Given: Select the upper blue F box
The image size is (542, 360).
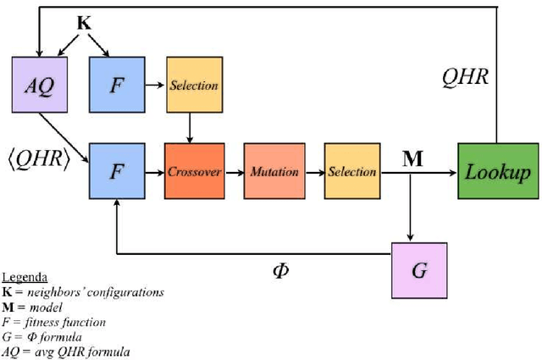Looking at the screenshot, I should coord(116,86).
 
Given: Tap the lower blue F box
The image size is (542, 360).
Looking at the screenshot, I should coord(116,171).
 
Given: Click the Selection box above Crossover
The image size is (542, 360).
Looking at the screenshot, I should coord(194,86).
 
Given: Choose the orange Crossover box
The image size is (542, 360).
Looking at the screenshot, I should coord(194,171).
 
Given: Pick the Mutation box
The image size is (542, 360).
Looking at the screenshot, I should coord(274,171).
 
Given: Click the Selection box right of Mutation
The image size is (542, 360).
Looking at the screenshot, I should coord(352,171).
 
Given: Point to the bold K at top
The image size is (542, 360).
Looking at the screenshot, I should coord(84,23).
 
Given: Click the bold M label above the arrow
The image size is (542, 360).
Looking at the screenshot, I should coord(412,158).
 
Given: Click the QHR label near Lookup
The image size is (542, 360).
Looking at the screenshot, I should coord(465,78).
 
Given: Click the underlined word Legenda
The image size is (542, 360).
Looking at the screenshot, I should coord(25,277).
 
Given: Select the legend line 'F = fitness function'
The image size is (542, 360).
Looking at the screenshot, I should coord(55,321).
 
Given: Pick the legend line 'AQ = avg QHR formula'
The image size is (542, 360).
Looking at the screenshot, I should coord(65,351).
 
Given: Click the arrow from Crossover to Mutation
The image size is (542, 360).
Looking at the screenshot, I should coord(234,172).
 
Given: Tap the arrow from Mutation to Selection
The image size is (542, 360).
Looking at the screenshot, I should coord(313,172).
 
